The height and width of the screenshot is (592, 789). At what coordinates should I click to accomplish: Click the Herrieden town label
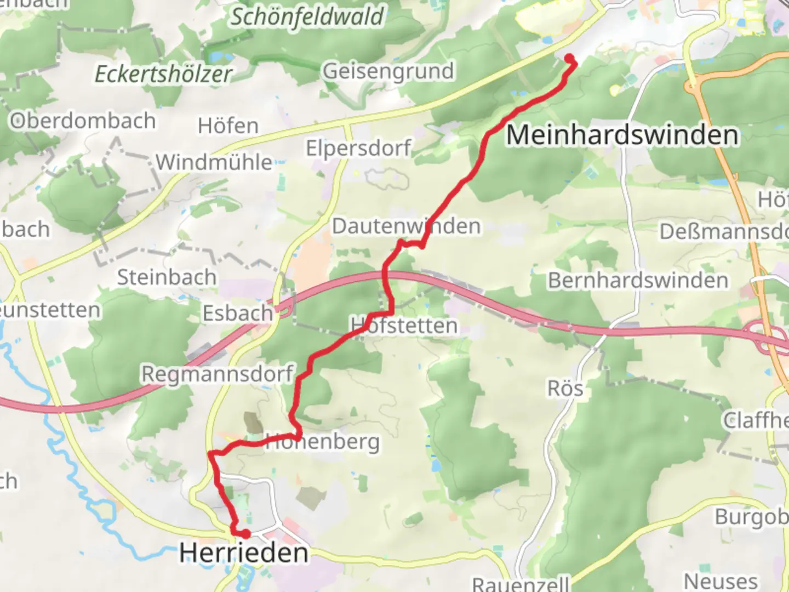coord(244,553)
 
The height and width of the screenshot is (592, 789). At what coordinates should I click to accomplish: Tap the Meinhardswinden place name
coord(622,135)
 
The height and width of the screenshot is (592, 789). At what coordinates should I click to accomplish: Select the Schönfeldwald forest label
coord(307,16)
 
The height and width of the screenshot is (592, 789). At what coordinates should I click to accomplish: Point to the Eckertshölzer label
coord(163,74)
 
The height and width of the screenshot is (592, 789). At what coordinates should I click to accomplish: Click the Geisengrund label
coord(388,71)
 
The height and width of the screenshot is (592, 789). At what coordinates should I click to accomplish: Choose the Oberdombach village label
coord(83,121)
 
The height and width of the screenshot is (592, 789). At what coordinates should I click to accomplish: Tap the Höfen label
coord(228,126)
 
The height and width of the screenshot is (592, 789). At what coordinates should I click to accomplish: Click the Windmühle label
coord(214,162)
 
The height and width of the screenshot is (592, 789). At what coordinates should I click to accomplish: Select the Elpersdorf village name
coord(359,148)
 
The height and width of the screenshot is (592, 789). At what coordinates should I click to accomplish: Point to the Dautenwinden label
coord(406,226)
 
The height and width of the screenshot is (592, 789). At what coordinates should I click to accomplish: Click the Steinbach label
coord(167,277)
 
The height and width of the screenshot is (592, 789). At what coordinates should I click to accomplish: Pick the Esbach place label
coord(238,314)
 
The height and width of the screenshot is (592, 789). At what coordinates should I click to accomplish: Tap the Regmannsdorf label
coord(218,374)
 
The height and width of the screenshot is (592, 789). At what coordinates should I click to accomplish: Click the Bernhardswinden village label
coord(638,281)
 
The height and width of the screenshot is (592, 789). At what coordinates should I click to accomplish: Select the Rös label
coord(565,389)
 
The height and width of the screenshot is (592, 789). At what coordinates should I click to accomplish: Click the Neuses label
coord(721,580)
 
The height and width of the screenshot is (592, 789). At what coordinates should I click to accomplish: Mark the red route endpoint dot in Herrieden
coord(246,533)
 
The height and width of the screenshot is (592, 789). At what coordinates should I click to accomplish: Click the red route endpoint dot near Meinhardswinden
coord(569,58)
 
